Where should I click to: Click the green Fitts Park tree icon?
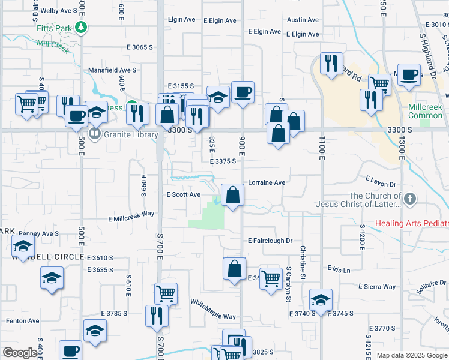(82, 27)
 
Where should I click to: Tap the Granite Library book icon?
(94, 133)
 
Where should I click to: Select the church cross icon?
(409, 199)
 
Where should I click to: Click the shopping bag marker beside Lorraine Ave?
(232, 196)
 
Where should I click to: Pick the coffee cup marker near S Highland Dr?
(409, 76)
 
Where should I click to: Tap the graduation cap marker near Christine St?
(321, 300)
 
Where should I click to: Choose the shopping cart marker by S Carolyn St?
(271, 278)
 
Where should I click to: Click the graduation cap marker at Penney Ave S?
(23, 246)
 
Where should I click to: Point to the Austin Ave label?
(298, 20)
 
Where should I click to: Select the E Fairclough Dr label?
(270, 241)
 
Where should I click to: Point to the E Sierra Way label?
(377, 287)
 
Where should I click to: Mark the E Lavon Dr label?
(381, 181)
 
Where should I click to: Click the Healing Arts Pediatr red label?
(412, 224)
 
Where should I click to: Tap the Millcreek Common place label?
(425, 110)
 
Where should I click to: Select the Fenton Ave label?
(22, 321)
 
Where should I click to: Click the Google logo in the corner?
(20, 353)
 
